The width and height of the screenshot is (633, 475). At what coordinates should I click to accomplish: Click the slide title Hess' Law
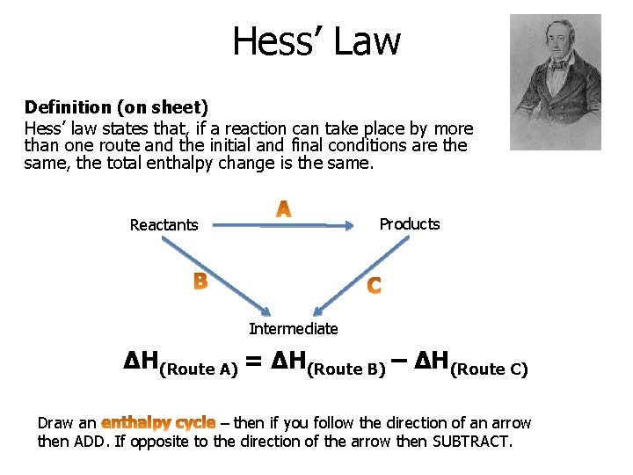(316, 40)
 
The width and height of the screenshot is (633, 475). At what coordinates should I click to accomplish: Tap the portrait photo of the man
(556, 82)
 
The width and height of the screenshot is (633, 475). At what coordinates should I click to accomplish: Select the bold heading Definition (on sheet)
(116, 107)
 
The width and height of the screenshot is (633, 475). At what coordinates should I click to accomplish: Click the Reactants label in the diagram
(164, 225)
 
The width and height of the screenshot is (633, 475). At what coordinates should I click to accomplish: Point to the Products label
(409, 224)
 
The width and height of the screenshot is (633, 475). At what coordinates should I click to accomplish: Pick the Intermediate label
(293, 329)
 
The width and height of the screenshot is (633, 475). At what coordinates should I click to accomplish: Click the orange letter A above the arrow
(284, 209)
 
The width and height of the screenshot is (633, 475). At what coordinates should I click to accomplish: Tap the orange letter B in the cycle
(200, 281)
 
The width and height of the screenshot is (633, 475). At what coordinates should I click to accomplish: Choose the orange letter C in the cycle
(374, 286)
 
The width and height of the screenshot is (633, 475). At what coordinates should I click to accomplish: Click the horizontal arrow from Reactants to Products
(281, 226)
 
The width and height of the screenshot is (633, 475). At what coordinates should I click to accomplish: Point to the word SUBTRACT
(471, 441)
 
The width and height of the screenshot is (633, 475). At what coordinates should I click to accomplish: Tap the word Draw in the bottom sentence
(55, 423)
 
